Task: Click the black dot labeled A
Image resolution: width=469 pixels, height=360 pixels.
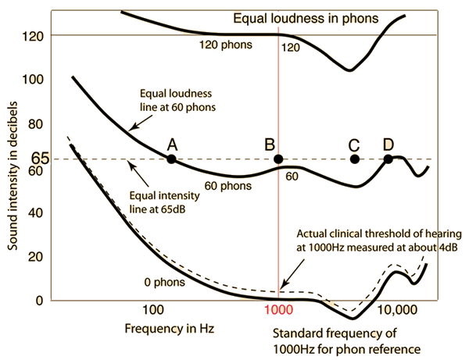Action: pos(171,159)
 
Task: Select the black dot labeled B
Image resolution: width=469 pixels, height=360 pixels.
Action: pos(278,159)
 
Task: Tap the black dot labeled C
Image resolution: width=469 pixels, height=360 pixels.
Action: pos(355,159)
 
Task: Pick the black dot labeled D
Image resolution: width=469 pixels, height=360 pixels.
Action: pos(388,159)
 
